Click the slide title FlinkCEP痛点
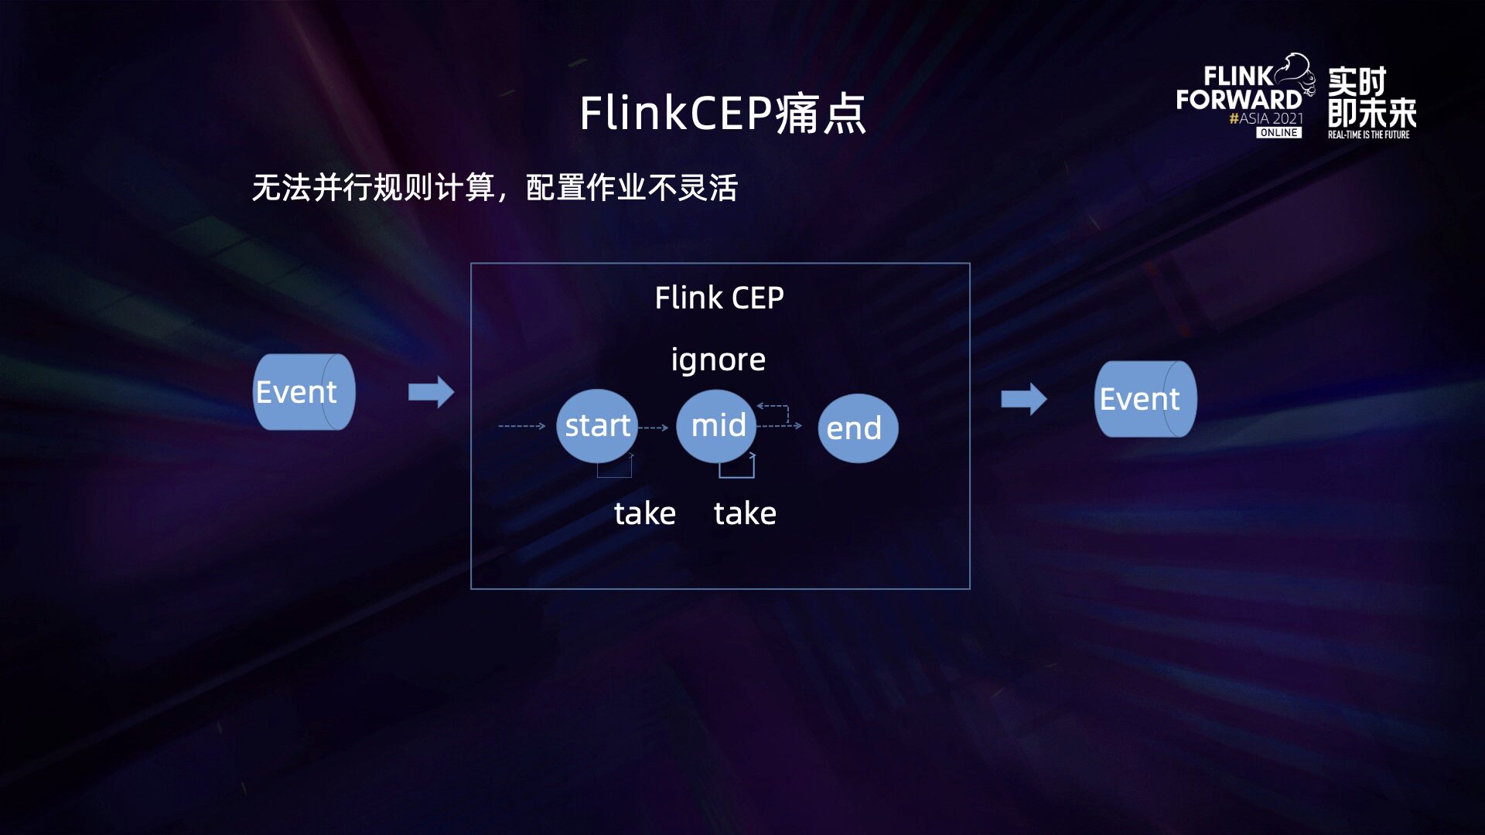pyautogui.click(x=722, y=114)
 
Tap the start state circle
pyautogui.click(x=596, y=426)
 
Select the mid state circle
pyautogui.click(x=716, y=426)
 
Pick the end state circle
pyautogui.click(x=857, y=428)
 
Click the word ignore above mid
pyautogui.click(x=718, y=360)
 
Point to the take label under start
pyautogui.click(x=644, y=513)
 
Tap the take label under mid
pyautogui.click(x=744, y=513)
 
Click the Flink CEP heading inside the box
pyautogui.click(x=719, y=298)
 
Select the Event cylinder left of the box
pyautogui.click(x=304, y=392)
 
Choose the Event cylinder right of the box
pyautogui.click(x=1145, y=399)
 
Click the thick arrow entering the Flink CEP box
pyautogui.click(x=431, y=392)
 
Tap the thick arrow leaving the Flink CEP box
pyautogui.click(x=1023, y=399)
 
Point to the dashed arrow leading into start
pyautogui.click(x=522, y=426)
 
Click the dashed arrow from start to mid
pyautogui.click(x=654, y=428)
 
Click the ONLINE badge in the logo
pyautogui.click(x=1278, y=133)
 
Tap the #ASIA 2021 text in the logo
pyautogui.click(x=1266, y=118)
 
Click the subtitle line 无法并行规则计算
pyautogui.click(x=495, y=188)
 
